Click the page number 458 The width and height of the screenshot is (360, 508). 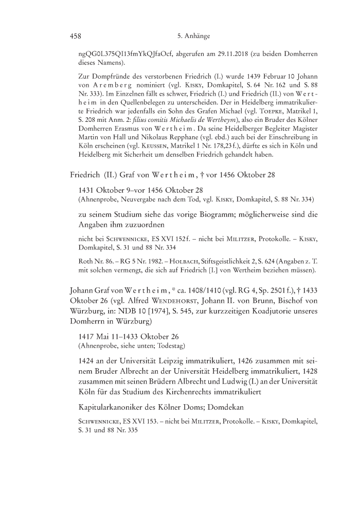76,37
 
